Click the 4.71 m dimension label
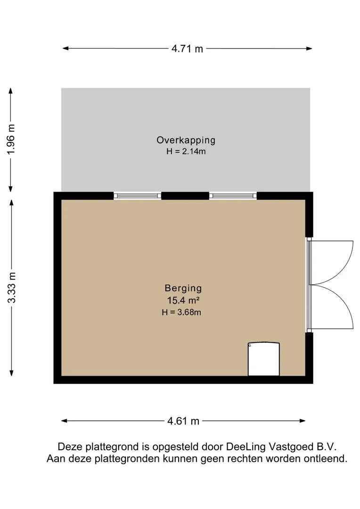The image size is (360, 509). tap(187, 48)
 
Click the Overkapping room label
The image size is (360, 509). tap(186, 140)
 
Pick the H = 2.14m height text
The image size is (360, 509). tap(186, 151)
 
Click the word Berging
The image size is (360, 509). tap(183, 288)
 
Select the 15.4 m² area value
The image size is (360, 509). tap(183, 300)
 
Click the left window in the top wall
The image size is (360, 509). tap(137, 196)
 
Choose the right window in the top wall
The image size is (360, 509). tap(233, 196)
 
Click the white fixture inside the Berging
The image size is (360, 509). tap(263, 359)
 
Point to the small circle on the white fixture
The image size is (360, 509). tap(250, 345)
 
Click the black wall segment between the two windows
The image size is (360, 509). tap(185, 196)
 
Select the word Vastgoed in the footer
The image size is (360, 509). tap(290, 447)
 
